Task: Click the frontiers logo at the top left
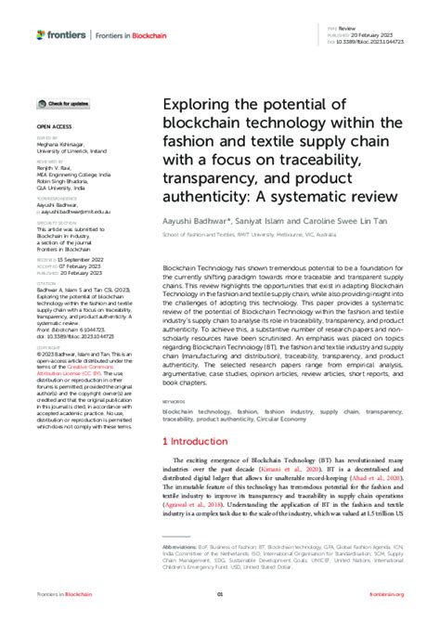point(61,34)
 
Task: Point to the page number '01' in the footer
point(220,595)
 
